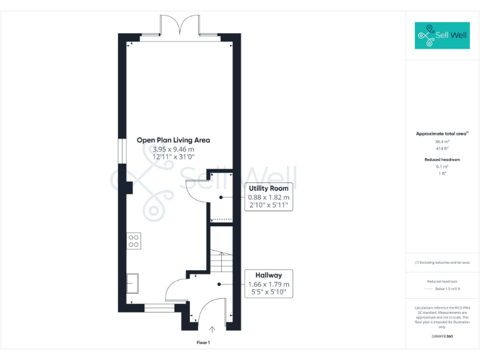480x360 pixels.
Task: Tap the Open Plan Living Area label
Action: pos(173,140)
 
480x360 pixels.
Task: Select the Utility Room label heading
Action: pos(268,188)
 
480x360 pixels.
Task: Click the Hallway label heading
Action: pos(268,275)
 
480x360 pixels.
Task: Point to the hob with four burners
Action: pos(133,241)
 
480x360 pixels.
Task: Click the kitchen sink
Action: pos(133,283)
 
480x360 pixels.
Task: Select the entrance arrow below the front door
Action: pos(212,329)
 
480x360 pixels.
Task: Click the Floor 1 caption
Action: pos(204,342)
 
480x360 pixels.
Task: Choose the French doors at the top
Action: pos(180,26)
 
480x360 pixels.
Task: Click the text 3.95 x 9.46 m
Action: pos(173,149)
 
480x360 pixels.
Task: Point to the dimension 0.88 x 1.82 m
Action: pos(269,197)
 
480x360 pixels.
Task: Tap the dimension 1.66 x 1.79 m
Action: pos(269,284)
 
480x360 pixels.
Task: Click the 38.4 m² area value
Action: pos(442,142)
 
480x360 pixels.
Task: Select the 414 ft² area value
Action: pos(442,148)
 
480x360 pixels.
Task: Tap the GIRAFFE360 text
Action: pos(442,336)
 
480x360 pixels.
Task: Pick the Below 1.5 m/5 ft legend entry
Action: pos(447,289)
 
